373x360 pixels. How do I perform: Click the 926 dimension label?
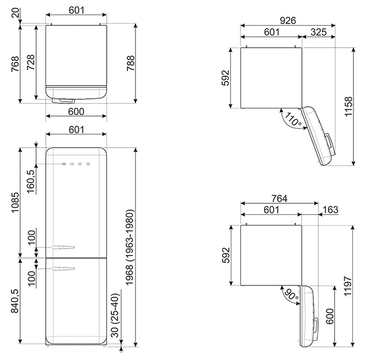[x=287, y=21]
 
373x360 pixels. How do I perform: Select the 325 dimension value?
[x=318, y=32]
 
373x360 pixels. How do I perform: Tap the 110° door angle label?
[x=293, y=119]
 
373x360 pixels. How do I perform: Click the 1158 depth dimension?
[x=348, y=106]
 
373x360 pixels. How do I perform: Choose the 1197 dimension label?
[x=348, y=286]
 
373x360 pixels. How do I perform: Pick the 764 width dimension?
[x=279, y=198]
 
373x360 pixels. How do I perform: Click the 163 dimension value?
[x=331, y=210]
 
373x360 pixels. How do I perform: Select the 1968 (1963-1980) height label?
[x=130, y=247]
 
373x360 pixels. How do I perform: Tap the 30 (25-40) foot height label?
[x=115, y=316]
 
